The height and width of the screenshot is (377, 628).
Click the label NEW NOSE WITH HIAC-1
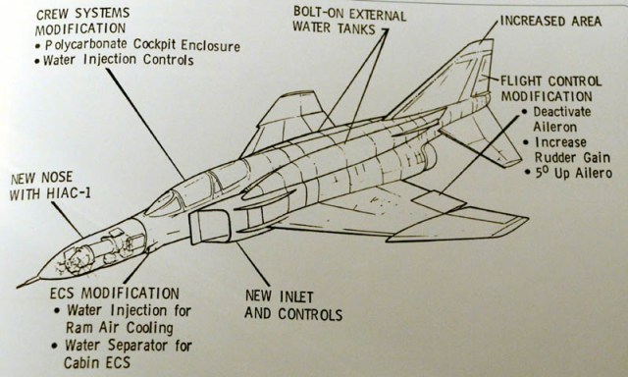50,186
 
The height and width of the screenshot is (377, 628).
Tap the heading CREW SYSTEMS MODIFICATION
82,22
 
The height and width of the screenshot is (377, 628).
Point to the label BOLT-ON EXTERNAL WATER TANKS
349,22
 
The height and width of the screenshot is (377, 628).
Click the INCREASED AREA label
550,21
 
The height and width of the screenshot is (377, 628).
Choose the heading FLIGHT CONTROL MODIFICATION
551,88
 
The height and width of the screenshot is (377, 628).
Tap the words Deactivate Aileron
561,119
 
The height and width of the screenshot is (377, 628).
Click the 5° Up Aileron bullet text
573,173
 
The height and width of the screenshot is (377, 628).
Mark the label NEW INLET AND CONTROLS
293,305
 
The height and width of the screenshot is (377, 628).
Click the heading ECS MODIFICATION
114,294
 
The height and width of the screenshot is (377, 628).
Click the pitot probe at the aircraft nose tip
28,282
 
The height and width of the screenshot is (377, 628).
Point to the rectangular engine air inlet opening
209,227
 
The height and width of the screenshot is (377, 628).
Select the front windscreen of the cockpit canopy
165,203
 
